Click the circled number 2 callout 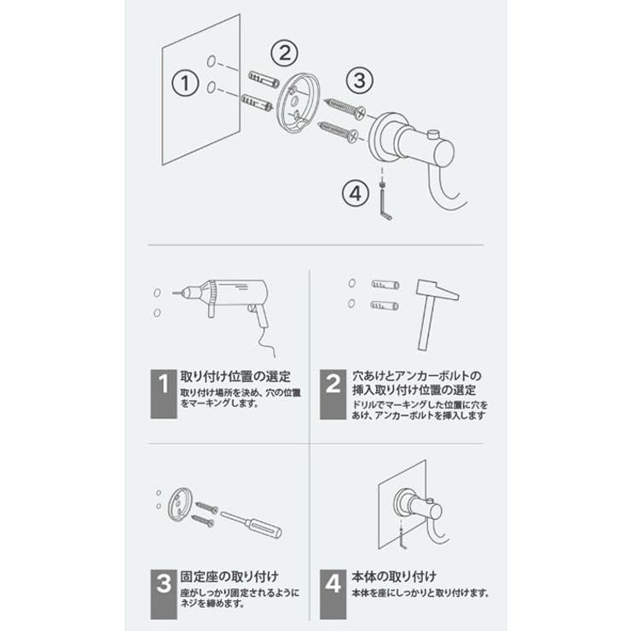(284, 53)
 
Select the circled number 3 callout (360, 80)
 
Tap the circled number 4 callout (356, 193)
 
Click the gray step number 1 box (164, 392)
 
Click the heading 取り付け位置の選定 (236, 376)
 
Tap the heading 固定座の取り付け (230, 576)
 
